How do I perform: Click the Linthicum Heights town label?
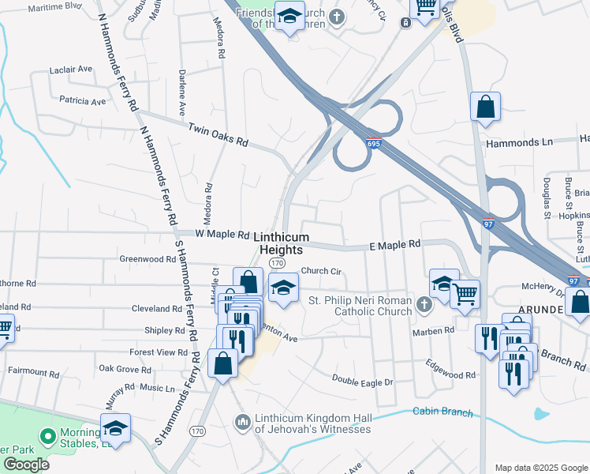(x=278, y=243)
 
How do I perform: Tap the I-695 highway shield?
(x=373, y=143)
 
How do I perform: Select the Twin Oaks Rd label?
(x=218, y=135)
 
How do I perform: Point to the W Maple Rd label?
(x=222, y=235)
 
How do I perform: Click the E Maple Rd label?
(x=394, y=246)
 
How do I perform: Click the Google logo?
(x=26, y=465)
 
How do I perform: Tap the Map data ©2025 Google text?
(x=540, y=468)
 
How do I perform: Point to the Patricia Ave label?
(x=82, y=101)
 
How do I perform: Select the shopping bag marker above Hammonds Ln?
(x=485, y=106)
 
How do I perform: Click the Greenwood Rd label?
(x=147, y=258)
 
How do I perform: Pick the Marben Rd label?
(x=438, y=330)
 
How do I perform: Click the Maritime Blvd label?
(x=54, y=6)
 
